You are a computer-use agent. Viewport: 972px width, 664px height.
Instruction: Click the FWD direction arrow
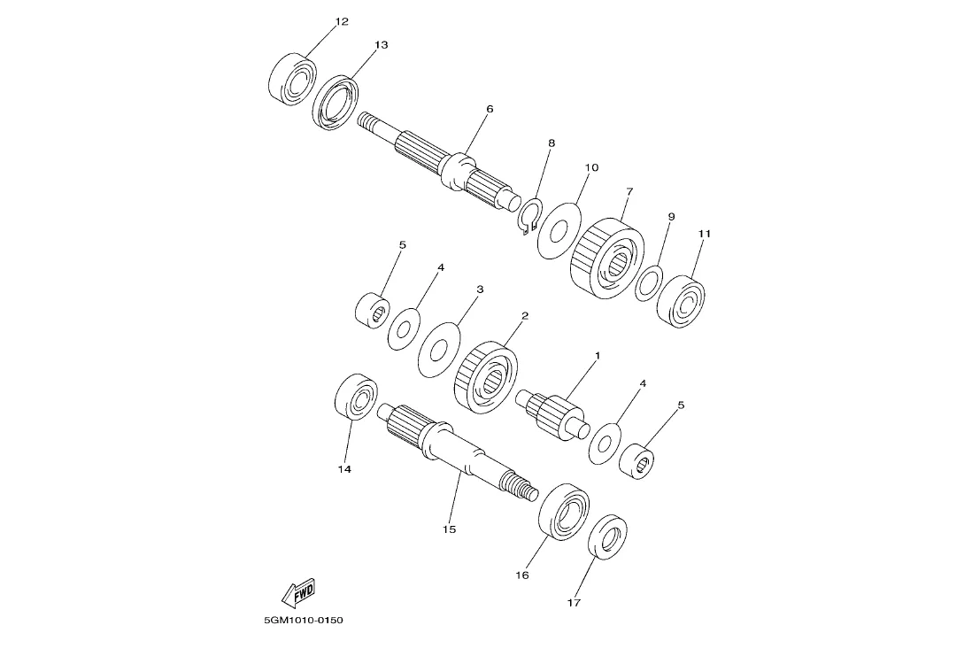pos(299,593)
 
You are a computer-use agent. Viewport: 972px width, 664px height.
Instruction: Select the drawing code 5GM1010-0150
pos(303,620)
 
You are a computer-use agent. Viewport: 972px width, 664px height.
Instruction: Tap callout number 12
pos(342,22)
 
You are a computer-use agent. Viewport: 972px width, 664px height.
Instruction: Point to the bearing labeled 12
pos(293,80)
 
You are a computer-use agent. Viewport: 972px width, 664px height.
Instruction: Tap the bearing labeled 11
pos(681,302)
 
